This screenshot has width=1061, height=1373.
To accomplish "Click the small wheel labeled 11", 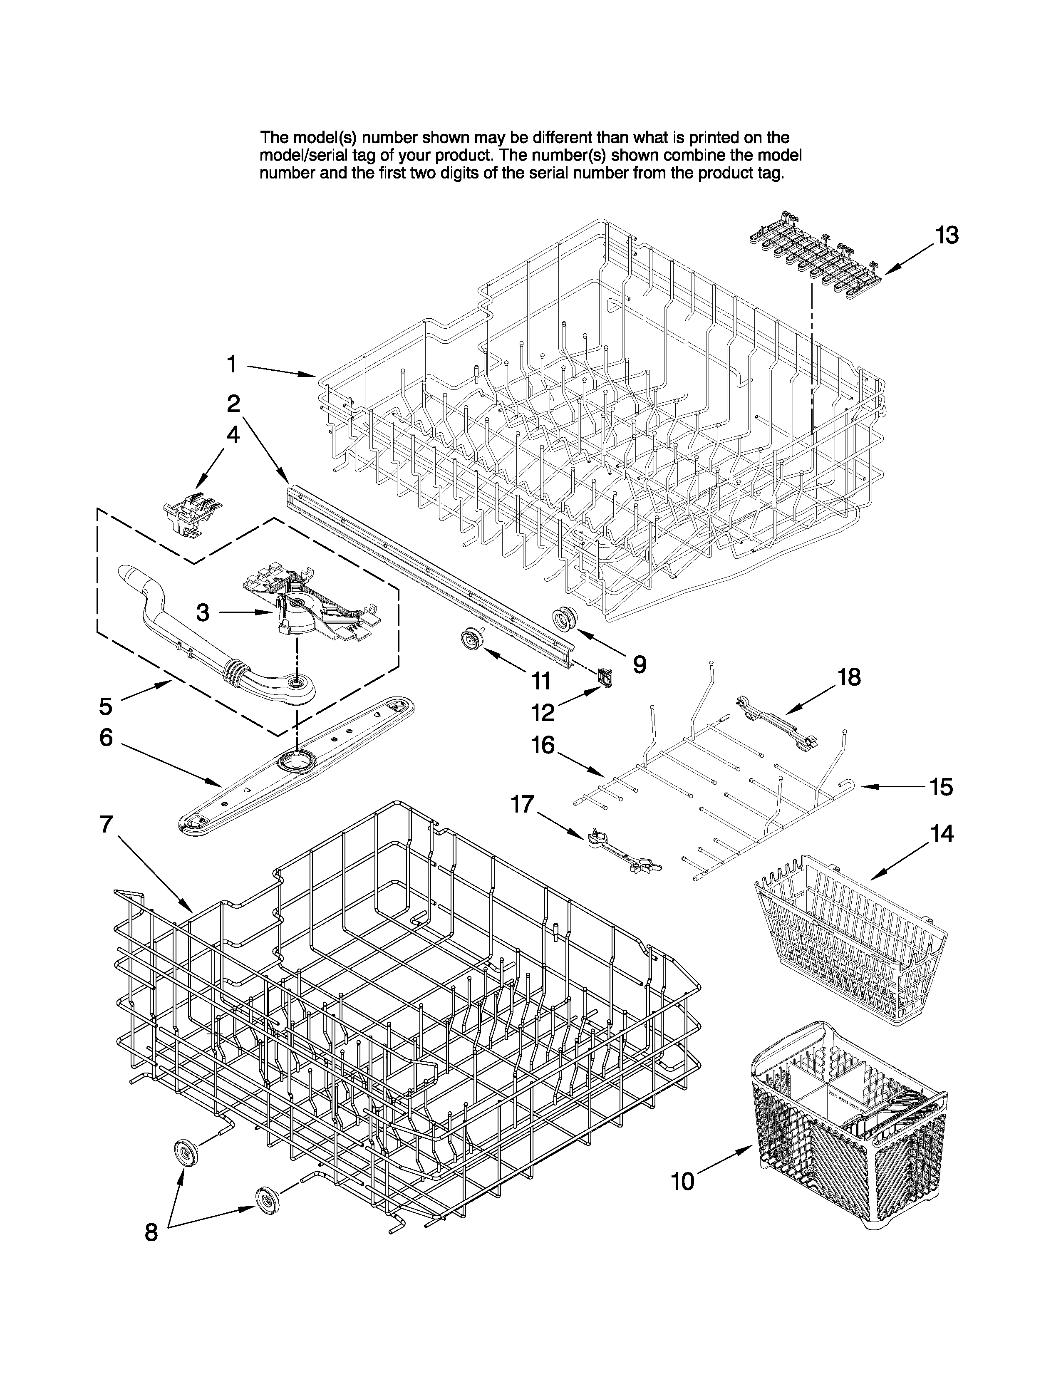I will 469,639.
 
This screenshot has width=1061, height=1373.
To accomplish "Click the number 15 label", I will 941,787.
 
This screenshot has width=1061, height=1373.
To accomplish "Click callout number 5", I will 106,706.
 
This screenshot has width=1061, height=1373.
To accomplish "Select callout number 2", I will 233,404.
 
